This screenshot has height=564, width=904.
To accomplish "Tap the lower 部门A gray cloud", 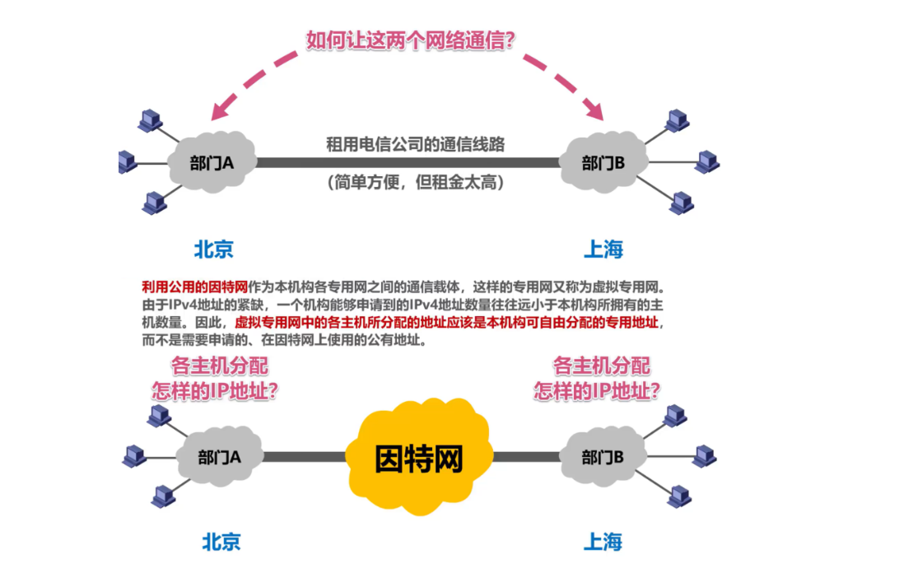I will [219, 457].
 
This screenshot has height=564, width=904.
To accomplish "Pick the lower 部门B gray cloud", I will [603, 457].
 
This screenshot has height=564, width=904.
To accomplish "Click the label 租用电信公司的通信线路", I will [414, 144].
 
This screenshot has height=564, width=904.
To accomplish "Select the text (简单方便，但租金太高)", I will [414, 182].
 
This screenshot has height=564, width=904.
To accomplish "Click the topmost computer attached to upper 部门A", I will [150, 120].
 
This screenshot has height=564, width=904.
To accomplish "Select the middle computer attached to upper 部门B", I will [706, 161].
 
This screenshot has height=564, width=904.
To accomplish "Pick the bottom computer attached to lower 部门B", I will [679, 496].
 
